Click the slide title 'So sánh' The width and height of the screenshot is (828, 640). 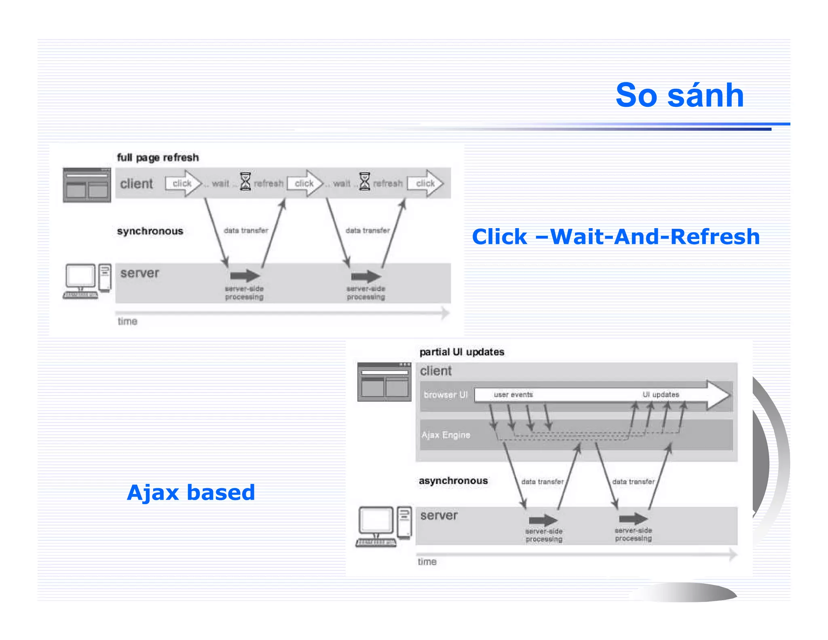(x=679, y=95)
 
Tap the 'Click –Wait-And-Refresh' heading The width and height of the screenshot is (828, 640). (x=615, y=237)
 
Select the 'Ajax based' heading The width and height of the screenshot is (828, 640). (x=191, y=492)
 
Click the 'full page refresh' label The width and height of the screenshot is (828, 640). (x=158, y=157)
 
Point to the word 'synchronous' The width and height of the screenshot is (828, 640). (x=150, y=231)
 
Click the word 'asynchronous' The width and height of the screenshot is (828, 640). (x=453, y=481)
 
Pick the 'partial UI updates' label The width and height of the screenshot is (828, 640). (x=462, y=352)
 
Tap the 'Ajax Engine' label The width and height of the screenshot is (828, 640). (x=446, y=435)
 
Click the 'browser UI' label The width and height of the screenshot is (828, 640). (x=446, y=394)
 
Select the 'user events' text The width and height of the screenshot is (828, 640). (x=513, y=394)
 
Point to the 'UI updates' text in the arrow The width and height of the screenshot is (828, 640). (x=661, y=394)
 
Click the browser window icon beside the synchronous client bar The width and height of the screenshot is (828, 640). (x=87, y=185)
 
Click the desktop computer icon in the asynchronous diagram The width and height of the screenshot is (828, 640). (x=384, y=526)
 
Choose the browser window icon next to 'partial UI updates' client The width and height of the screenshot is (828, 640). (x=384, y=382)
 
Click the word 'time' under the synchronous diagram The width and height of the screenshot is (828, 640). (x=127, y=322)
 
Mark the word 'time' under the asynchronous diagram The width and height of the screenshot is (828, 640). (x=427, y=562)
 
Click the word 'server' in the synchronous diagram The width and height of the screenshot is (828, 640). (x=139, y=273)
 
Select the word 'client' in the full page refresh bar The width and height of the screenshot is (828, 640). (x=136, y=184)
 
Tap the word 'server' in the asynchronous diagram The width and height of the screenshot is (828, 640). (x=439, y=515)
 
